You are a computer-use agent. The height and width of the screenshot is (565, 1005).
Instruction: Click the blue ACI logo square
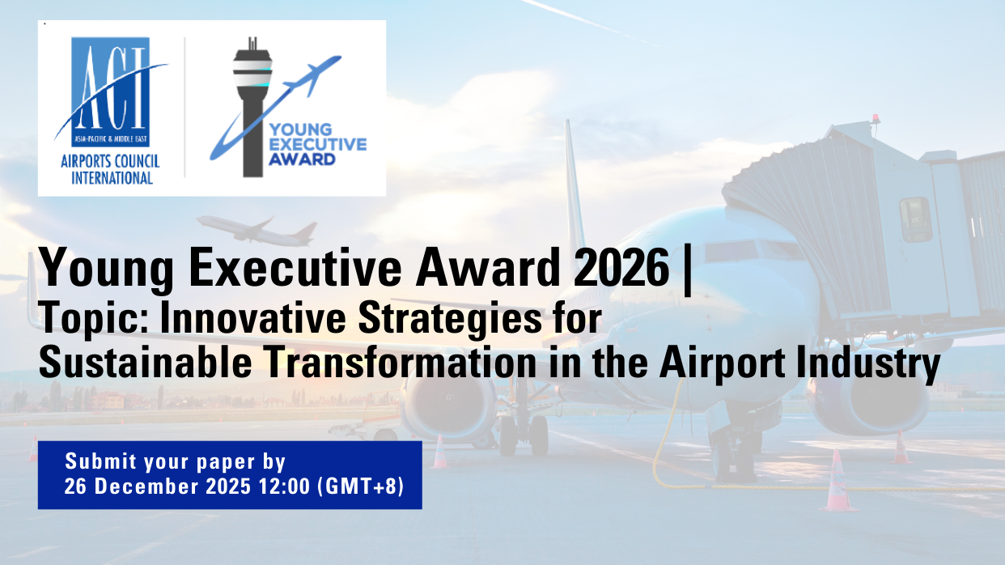point(110,92)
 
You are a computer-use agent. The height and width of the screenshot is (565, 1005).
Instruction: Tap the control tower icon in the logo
point(252,108)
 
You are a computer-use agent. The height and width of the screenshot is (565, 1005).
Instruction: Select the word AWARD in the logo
point(302,159)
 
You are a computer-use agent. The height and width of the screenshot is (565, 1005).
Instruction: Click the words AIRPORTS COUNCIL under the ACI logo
point(110,161)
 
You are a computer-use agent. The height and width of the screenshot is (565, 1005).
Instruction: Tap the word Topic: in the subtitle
point(94,318)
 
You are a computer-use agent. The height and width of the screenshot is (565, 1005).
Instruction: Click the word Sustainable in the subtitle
point(145,362)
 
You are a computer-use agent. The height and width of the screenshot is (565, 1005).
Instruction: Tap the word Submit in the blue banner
point(100,461)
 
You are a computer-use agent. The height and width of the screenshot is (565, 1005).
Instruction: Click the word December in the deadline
point(146,486)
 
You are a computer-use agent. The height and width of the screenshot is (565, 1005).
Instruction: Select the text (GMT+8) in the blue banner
point(360,486)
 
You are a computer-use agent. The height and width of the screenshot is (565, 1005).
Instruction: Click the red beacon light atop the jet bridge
point(876,118)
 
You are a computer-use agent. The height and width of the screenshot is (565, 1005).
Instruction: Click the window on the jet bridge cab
point(916,220)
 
